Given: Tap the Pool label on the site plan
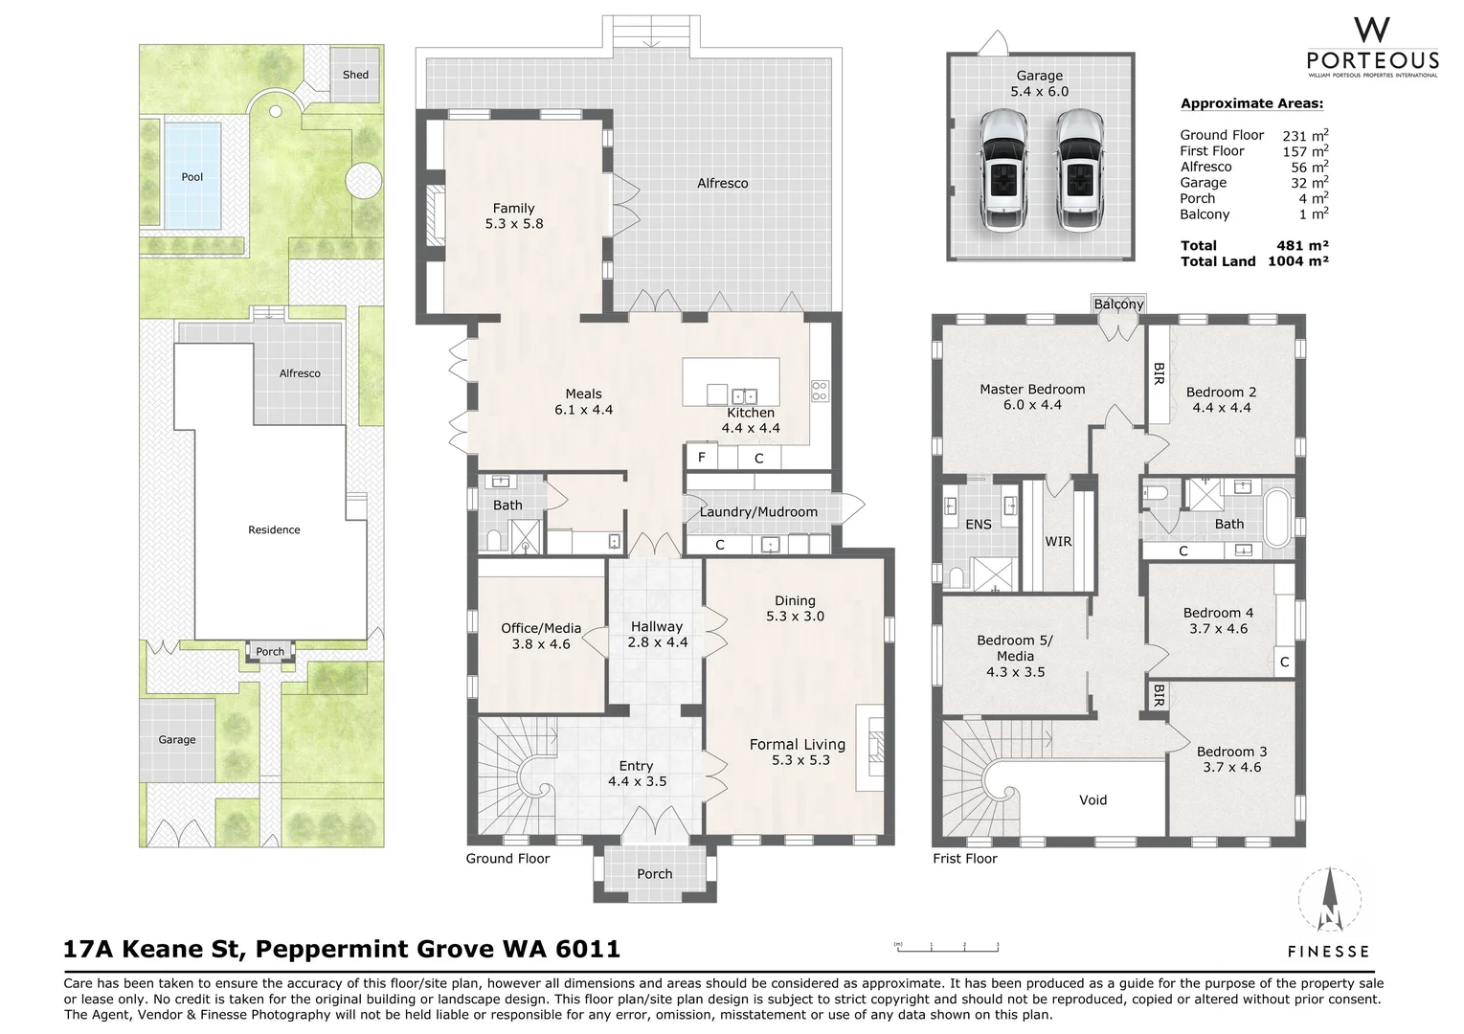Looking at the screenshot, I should click(x=192, y=177).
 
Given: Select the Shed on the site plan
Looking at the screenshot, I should click(x=355, y=75).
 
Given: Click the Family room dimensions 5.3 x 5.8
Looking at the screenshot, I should click(x=514, y=224).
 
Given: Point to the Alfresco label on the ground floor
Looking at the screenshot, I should click(x=722, y=183).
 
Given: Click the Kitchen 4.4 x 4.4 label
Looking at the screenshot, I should click(x=750, y=420).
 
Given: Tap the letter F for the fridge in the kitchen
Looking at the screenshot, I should click(x=702, y=458).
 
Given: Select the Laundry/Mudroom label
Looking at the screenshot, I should click(x=758, y=512).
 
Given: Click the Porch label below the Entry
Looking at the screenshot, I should click(x=654, y=874).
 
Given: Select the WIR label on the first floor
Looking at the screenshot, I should click(x=1058, y=542).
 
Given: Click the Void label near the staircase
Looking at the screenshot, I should click(x=1092, y=800).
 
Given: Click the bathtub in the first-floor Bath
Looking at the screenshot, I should click(x=1277, y=520).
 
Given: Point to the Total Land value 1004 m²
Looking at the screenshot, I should click(x=1297, y=261).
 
